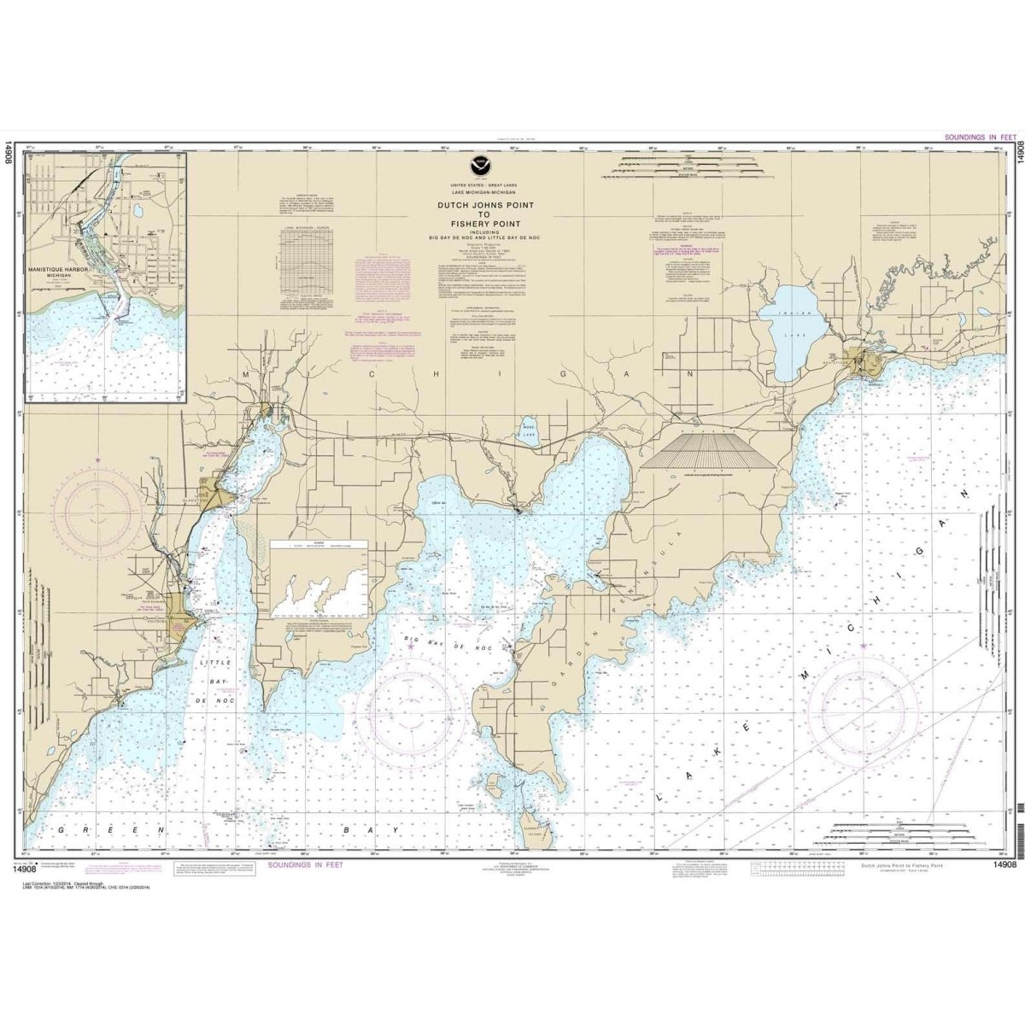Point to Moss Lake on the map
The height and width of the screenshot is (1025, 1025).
pos(529,427)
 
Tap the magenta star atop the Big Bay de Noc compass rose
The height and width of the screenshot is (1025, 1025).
pos(412,647)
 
